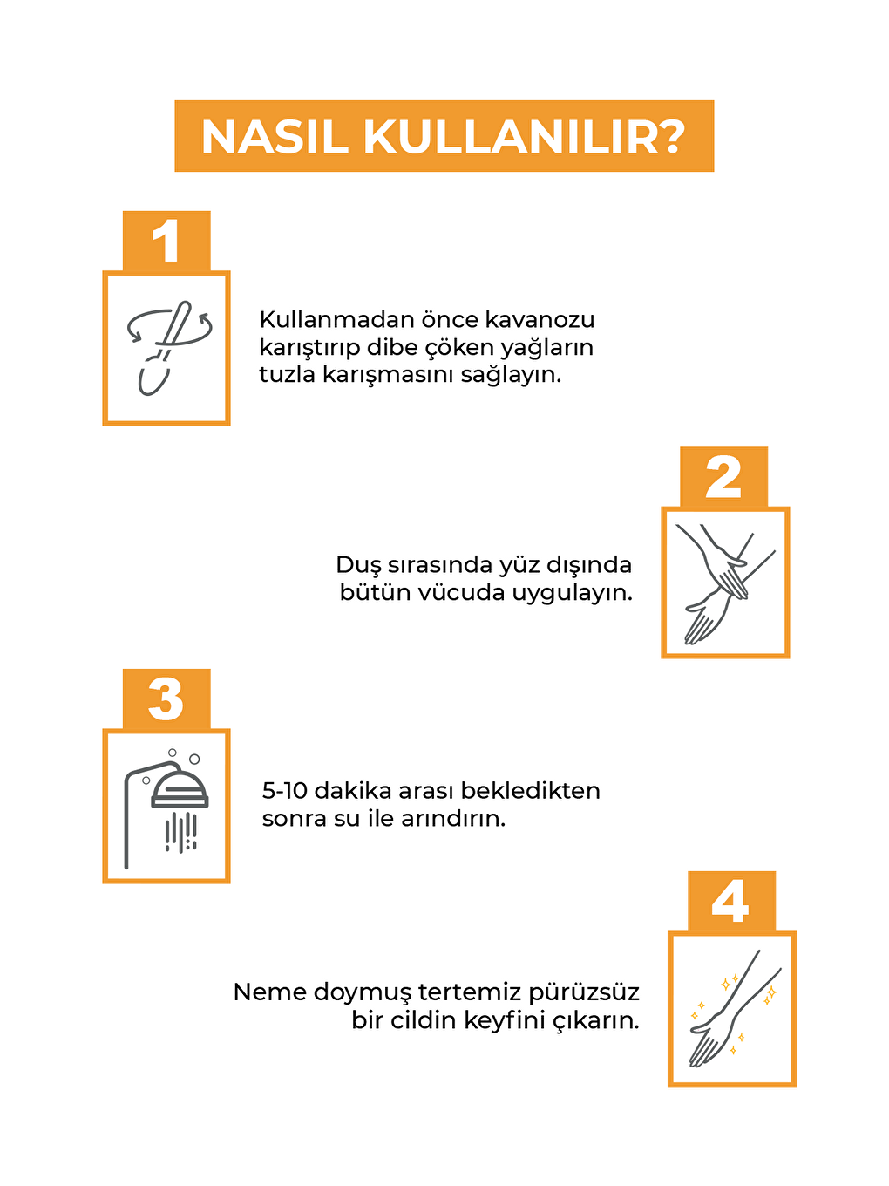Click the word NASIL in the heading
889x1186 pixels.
pos(275,137)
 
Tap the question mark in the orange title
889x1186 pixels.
pos(672,136)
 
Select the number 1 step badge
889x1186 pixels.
pos(166,241)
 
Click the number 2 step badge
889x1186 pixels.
pos(723,477)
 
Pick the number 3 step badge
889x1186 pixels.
pos(166,699)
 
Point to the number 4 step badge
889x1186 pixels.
pos(731,901)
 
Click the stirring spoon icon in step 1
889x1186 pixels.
pos(168,347)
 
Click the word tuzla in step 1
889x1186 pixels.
pos(287,374)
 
